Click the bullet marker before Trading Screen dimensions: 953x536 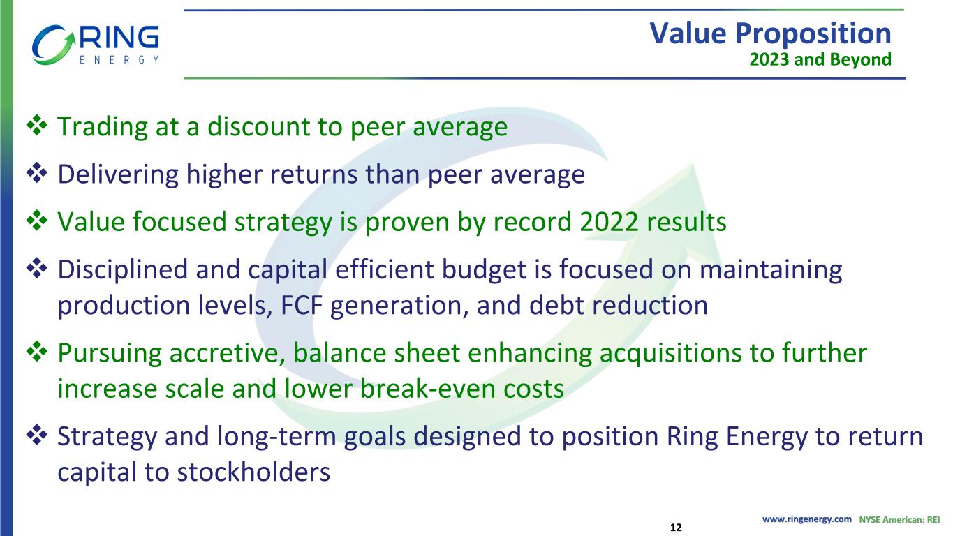point(37,125)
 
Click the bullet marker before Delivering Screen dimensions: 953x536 point(37,172)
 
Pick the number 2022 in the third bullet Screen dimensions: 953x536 point(609,222)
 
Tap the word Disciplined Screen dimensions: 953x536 point(123,269)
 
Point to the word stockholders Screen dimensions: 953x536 point(253,472)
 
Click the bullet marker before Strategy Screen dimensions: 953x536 point(37,435)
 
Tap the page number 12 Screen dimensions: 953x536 point(676,528)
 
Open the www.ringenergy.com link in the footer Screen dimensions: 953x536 point(807,519)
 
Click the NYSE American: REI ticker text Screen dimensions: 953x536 point(899,519)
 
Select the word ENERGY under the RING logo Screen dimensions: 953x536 point(119,59)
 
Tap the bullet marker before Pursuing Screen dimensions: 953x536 point(37,351)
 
